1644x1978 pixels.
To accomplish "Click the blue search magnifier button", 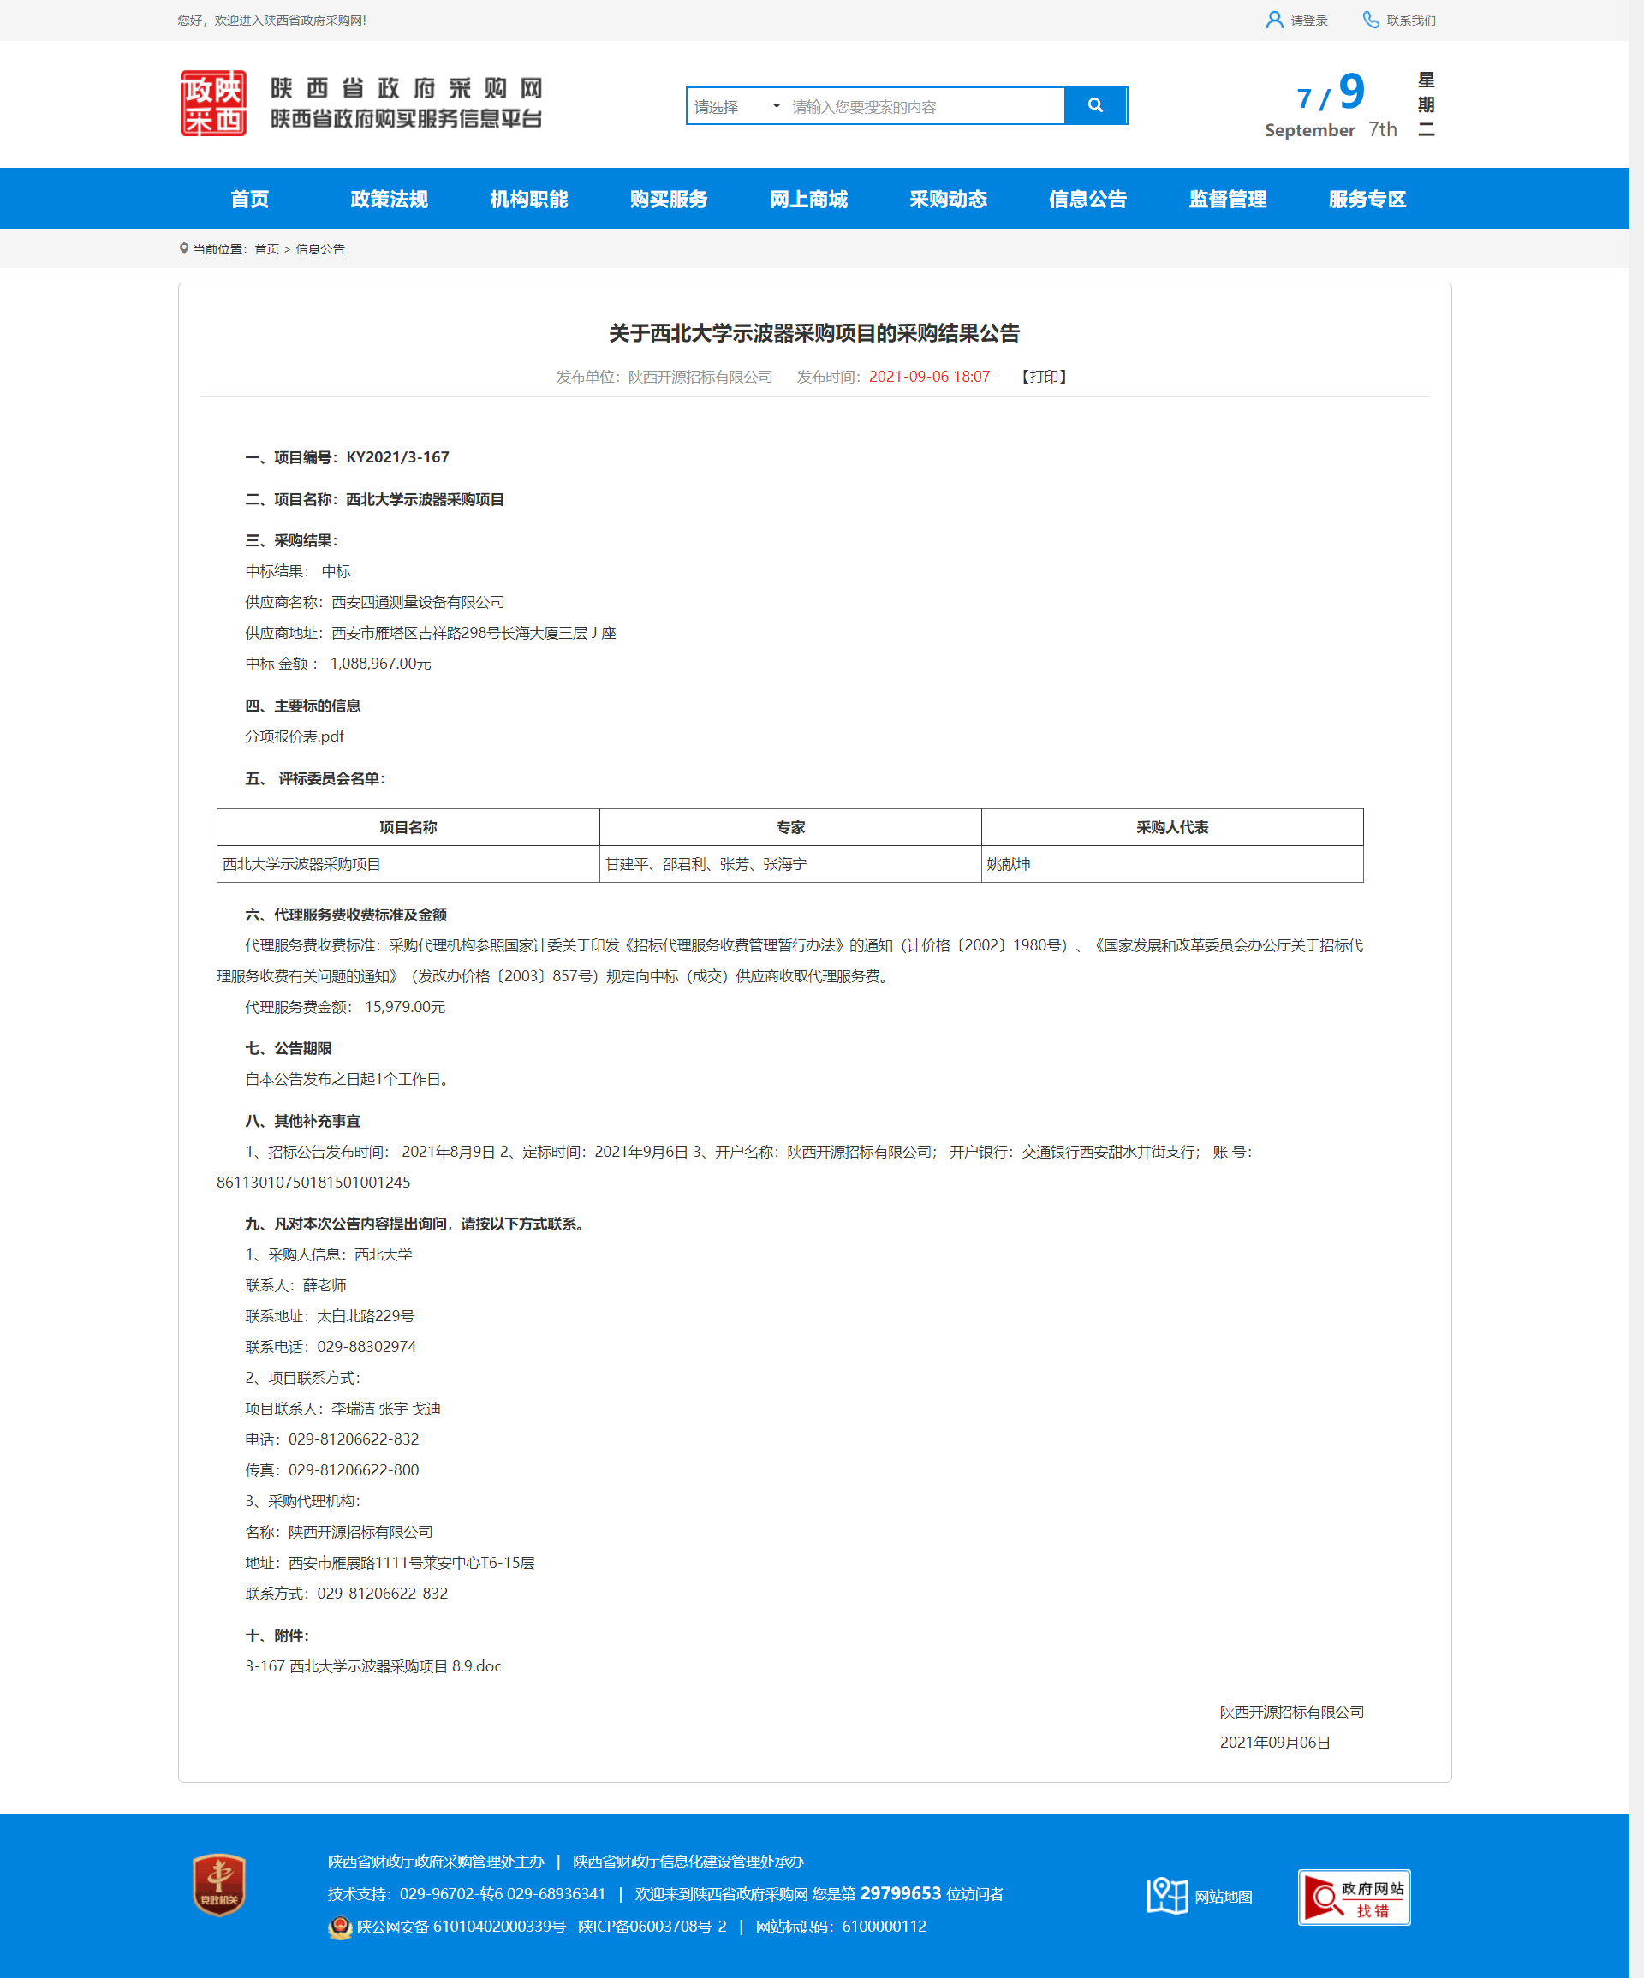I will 1095,105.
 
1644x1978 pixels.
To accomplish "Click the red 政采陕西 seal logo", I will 213,104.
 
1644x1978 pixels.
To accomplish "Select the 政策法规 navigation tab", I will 389,199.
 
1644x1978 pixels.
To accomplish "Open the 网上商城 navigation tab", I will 808,199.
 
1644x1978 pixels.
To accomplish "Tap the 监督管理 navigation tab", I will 1228,199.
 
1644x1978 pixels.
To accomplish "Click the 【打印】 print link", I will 1044,377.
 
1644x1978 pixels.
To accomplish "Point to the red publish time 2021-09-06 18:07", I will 929,377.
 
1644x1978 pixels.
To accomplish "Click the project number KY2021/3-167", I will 397,458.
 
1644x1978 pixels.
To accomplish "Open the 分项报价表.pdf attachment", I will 295,736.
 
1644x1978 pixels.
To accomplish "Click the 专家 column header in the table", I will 790,827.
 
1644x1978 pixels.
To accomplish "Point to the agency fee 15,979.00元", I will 405,1007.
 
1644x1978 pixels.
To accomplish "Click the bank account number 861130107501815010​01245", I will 313,1182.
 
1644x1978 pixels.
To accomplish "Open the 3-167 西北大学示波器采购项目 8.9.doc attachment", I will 373,1666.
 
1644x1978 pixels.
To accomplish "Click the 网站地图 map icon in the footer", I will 1168,1896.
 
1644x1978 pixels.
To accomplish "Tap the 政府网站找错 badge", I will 1354,1897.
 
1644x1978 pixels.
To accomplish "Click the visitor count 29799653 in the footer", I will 901,1893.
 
